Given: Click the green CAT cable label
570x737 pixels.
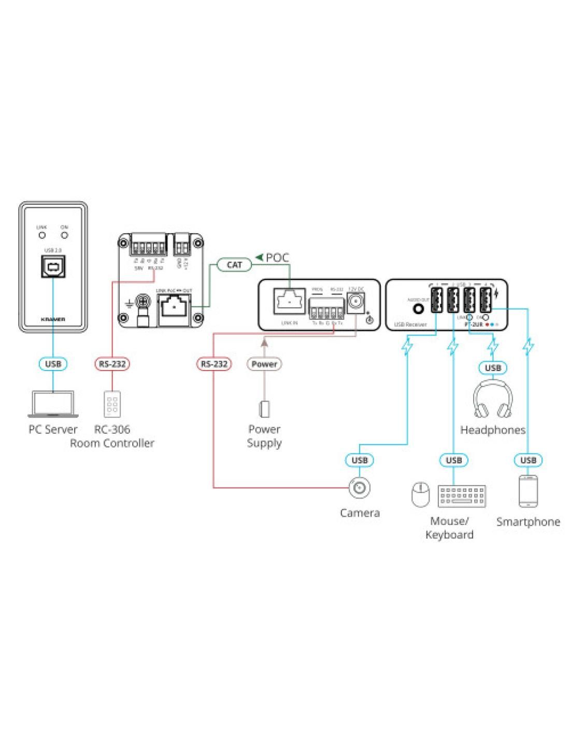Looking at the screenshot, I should coord(234,265).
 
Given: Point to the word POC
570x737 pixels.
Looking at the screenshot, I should coord(277,258).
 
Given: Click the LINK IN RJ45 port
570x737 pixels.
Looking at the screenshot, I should coord(289,301).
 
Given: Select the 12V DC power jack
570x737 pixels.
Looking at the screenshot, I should coord(356,302).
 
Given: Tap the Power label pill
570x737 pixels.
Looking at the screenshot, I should coord(264,364).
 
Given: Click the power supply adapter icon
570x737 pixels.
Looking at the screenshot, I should coord(264,409).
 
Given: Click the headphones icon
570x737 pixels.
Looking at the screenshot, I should coord(493,400).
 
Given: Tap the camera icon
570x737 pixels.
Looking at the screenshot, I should coord(360,487).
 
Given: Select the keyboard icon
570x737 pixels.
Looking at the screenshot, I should coord(462,496).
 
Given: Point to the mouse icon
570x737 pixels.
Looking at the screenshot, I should coord(420,494).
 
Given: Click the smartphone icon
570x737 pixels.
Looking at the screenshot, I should coord(528,490).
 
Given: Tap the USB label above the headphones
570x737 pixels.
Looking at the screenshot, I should coord(493,367).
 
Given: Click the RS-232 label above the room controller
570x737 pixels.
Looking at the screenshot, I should coord(112,364).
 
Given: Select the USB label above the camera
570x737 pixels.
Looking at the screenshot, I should coord(360,460).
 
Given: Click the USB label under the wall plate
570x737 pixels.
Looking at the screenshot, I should coord(53,364).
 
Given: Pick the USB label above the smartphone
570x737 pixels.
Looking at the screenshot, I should coord(528,460).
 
